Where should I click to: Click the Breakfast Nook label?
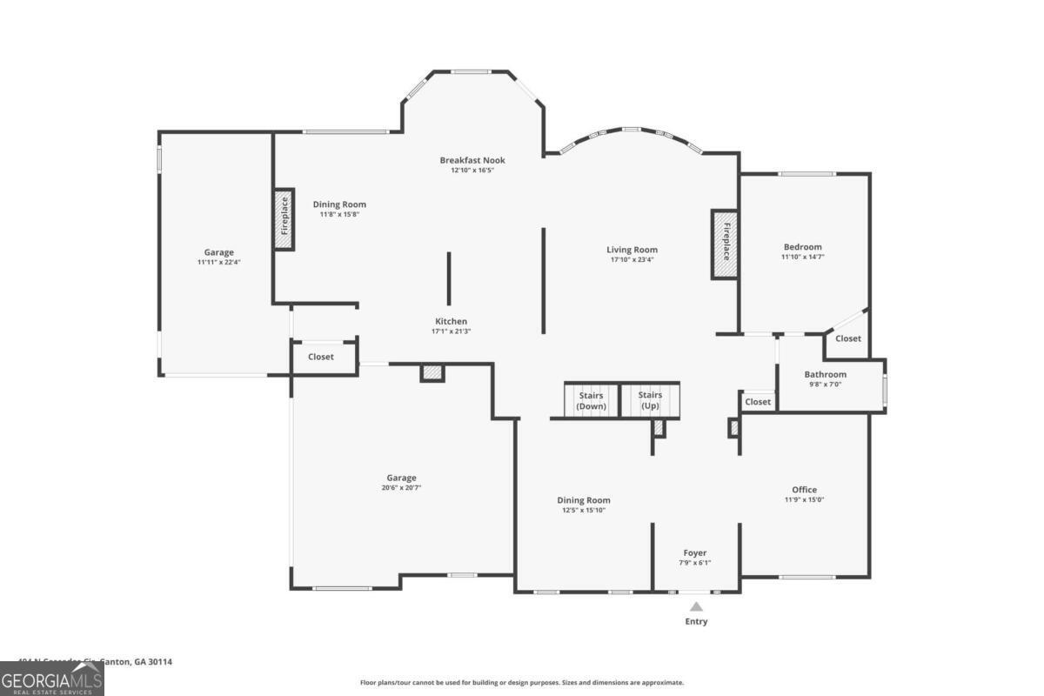[472, 160]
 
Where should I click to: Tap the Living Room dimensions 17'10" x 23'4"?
[632, 259]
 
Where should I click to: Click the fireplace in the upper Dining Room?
[284, 220]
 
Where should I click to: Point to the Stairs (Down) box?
[592, 400]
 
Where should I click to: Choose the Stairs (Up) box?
[650, 400]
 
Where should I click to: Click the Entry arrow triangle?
[696, 607]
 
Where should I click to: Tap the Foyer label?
[694, 552]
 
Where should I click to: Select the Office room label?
[804, 490]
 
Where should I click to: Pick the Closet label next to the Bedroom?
[848, 338]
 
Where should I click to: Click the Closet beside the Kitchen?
[321, 357]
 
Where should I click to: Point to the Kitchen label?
[451, 321]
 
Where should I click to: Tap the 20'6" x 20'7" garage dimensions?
[401, 488]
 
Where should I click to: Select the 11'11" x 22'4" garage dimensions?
[218, 262]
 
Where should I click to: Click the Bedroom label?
[802, 247]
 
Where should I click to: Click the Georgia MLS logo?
[52, 679]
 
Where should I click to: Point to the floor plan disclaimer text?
[522, 683]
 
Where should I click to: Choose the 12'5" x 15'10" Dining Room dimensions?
[583, 511]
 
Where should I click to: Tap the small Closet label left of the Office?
[758, 402]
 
